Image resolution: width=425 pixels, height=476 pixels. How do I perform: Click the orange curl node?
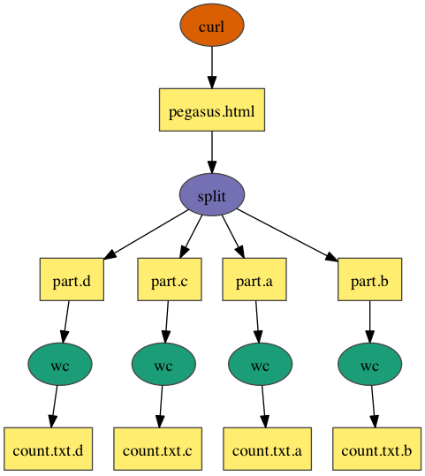tap(212, 26)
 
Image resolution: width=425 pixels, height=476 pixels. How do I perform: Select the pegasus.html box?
tap(212, 110)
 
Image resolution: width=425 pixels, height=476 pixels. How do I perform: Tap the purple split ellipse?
tap(212, 194)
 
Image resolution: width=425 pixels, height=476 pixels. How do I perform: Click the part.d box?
tap(72, 280)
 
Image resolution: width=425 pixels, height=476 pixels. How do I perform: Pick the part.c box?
tap(170, 280)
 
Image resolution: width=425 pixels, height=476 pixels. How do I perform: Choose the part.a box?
tap(254, 280)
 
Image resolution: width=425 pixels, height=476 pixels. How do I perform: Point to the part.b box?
tap(369, 280)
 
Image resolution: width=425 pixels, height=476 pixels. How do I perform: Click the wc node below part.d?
tap(60, 364)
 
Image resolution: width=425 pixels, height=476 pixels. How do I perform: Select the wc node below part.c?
tap(163, 364)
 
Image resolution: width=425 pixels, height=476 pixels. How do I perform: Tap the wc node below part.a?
tap(261, 364)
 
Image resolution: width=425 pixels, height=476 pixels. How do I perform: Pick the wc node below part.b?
tap(369, 364)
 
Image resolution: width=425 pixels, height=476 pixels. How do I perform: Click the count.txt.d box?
tap(49, 449)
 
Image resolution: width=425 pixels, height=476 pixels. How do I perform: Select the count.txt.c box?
tap(157, 449)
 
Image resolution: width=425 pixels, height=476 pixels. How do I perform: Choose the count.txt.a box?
tap(268, 449)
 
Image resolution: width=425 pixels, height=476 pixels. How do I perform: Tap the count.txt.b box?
tap(376, 449)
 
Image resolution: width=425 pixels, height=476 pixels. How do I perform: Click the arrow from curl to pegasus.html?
tap(212, 67)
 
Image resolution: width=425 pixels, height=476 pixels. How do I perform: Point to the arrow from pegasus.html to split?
tap(212, 153)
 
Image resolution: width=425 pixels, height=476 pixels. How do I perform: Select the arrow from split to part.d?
tap(146, 235)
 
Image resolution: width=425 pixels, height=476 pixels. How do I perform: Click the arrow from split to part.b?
tap(287, 235)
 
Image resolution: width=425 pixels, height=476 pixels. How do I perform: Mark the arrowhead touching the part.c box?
tap(184, 252)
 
